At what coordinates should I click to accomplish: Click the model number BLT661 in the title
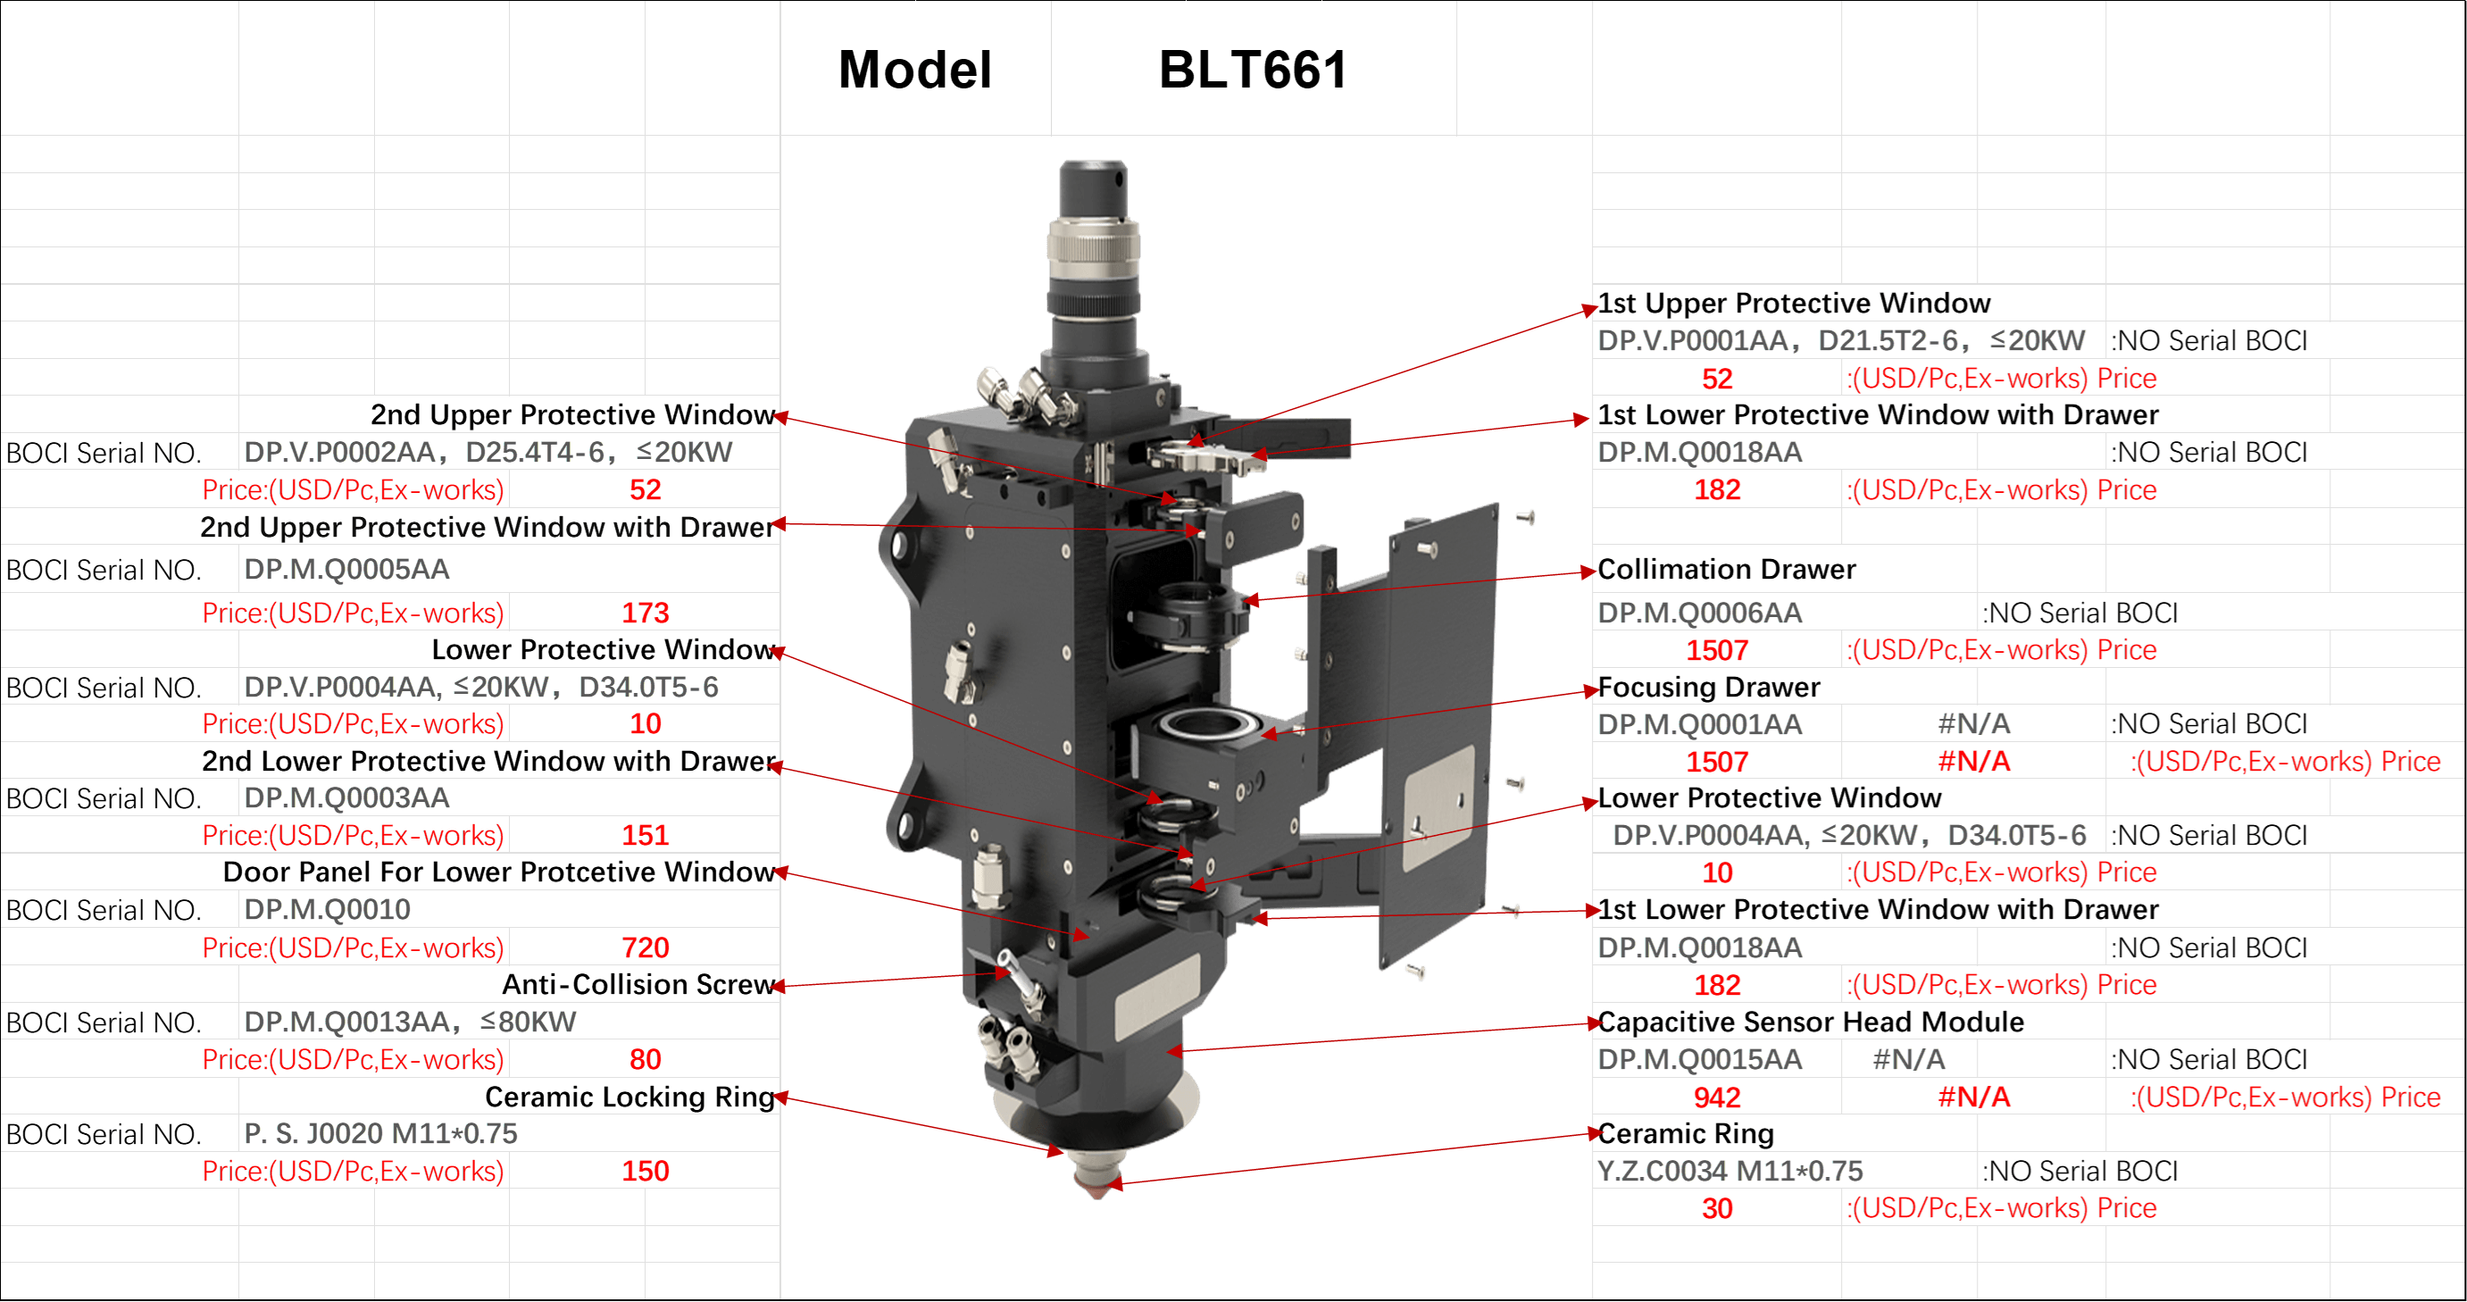point(1253,70)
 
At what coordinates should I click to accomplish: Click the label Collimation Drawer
point(1726,569)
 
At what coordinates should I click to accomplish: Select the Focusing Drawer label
point(1709,687)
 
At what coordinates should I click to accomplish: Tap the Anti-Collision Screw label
point(638,984)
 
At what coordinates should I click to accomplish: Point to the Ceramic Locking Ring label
point(629,1096)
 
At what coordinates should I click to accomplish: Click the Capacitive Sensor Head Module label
point(1810,1022)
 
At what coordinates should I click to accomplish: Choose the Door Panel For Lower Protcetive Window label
point(498,872)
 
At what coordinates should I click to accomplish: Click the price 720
point(645,947)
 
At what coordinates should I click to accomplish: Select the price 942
point(1717,1097)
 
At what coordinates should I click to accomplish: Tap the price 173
point(645,613)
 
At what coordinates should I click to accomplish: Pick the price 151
point(645,836)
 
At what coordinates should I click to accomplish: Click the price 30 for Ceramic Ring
point(1717,1208)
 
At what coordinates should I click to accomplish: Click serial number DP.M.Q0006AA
point(1699,613)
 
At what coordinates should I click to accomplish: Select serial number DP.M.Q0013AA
point(346,1022)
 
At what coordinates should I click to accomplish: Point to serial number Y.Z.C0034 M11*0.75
point(1729,1171)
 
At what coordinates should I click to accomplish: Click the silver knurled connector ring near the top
point(1093,245)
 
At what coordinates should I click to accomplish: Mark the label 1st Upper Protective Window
point(1794,303)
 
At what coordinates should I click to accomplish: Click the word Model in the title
point(914,70)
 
